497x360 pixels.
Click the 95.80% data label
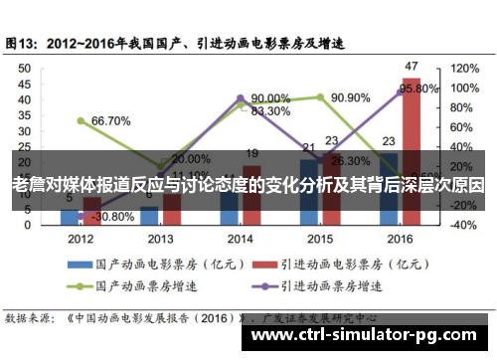[x=418, y=89]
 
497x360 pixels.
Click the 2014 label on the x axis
[x=239, y=240]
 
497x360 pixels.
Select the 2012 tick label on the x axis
[x=82, y=240]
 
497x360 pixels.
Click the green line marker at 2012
[x=81, y=120]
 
